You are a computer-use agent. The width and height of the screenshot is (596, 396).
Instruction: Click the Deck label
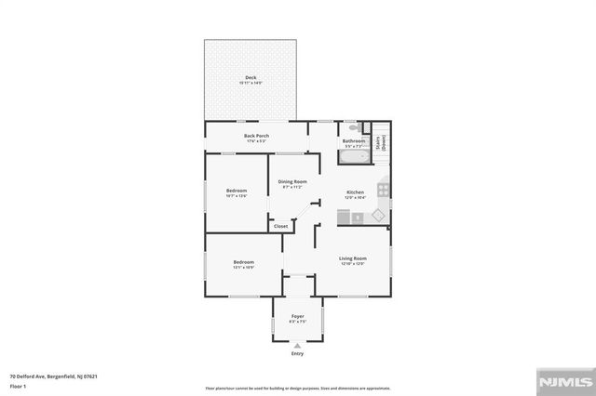coord(251,78)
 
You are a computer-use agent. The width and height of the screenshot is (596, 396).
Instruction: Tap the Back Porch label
coord(256,137)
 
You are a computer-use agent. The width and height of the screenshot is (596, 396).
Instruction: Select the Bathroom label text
coord(354,141)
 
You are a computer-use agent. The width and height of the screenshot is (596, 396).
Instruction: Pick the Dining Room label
coord(292,181)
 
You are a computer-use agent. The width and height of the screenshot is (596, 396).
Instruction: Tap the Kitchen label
coord(355,192)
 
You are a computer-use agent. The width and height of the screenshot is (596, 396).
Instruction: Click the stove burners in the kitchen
coord(382,192)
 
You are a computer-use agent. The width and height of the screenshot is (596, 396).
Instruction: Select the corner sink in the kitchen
coord(378,216)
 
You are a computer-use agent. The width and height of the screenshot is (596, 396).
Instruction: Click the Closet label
coord(280,225)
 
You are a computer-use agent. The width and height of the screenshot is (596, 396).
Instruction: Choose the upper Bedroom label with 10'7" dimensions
coord(236,191)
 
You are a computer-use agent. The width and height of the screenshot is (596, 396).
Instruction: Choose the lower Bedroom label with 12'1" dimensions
coord(243,262)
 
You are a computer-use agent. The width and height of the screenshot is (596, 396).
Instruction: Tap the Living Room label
coord(352,258)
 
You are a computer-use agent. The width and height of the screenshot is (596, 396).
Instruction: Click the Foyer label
coord(297,317)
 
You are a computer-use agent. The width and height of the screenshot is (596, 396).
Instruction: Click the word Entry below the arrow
coord(297,354)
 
